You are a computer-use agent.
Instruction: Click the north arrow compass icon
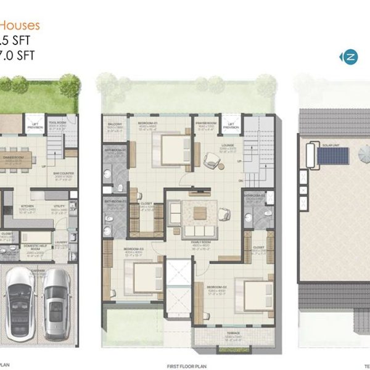(x=349, y=57)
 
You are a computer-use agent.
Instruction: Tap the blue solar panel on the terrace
(x=333, y=155)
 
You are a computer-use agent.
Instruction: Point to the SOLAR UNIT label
(x=331, y=146)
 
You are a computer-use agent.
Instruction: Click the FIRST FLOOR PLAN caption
(x=185, y=366)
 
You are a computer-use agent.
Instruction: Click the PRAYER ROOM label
(x=205, y=123)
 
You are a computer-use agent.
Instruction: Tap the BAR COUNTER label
(x=64, y=174)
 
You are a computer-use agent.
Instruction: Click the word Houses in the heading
(x=20, y=25)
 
